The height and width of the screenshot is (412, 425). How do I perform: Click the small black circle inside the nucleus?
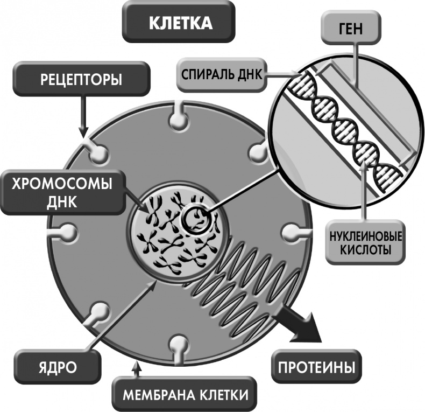click(x=193, y=218)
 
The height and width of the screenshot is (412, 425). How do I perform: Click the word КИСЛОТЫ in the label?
click(x=366, y=250)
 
